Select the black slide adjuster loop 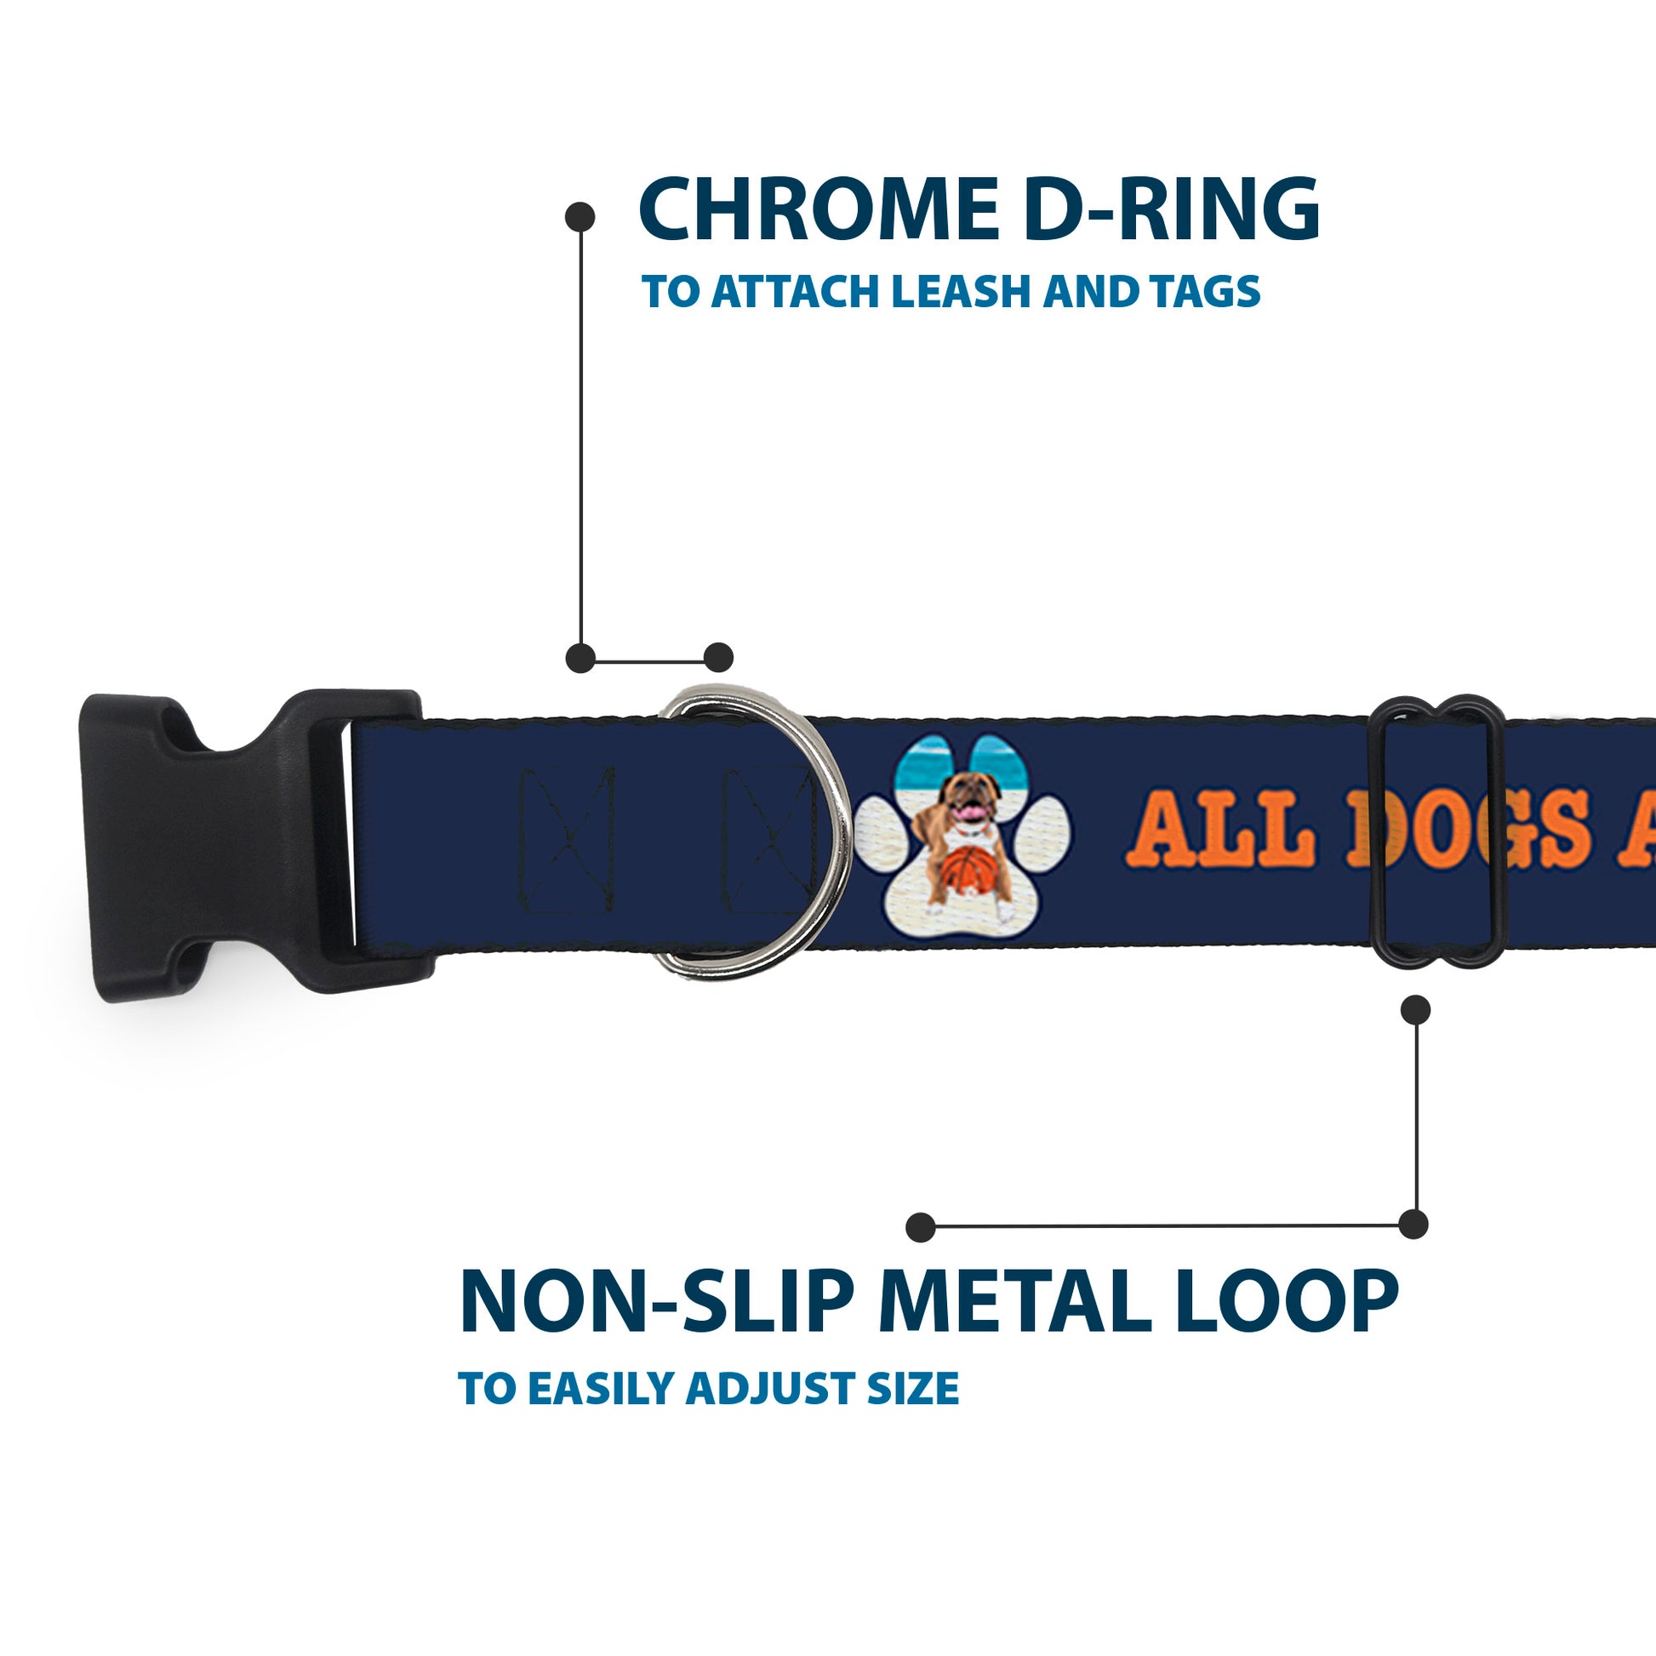(x=1440, y=831)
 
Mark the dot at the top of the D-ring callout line (x=580, y=216)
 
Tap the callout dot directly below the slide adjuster (x=1415, y=1010)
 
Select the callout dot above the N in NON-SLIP (x=921, y=1226)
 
